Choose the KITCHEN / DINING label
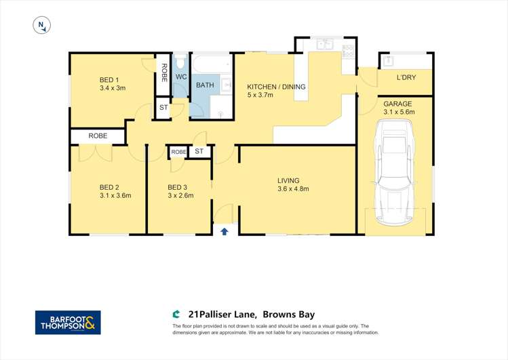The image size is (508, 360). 276,87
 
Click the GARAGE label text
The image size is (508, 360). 397,104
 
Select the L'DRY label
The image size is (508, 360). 406,77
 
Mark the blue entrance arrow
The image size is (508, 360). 224,231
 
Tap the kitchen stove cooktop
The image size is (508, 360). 347,49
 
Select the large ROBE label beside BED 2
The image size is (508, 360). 98,136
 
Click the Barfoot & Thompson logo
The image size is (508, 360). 68,322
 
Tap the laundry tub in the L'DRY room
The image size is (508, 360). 389,60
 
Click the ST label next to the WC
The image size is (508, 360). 163,108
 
